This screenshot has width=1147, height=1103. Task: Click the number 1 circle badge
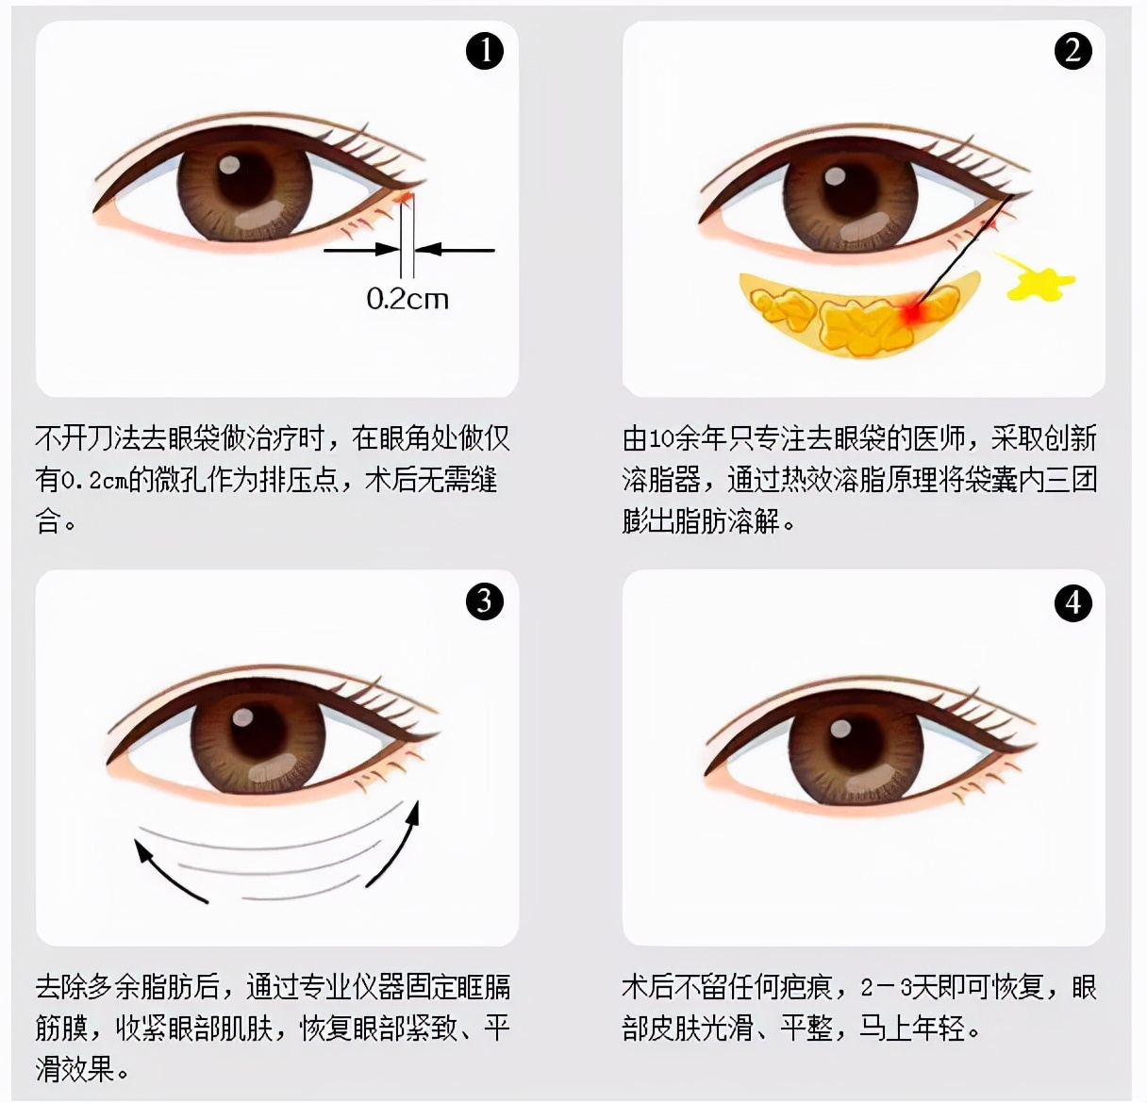click(486, 50)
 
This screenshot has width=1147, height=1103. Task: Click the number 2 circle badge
click(1072, 50)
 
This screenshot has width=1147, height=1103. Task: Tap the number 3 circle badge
click(485, 601)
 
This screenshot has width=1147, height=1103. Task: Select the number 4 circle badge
click(1072, 603)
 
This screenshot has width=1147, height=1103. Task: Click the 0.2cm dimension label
click(407, 300)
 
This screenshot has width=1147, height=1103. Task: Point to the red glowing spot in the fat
click(912, 312)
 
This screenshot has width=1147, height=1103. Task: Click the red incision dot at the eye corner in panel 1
click(405, 197)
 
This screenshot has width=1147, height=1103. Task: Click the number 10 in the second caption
click(660, 439)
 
